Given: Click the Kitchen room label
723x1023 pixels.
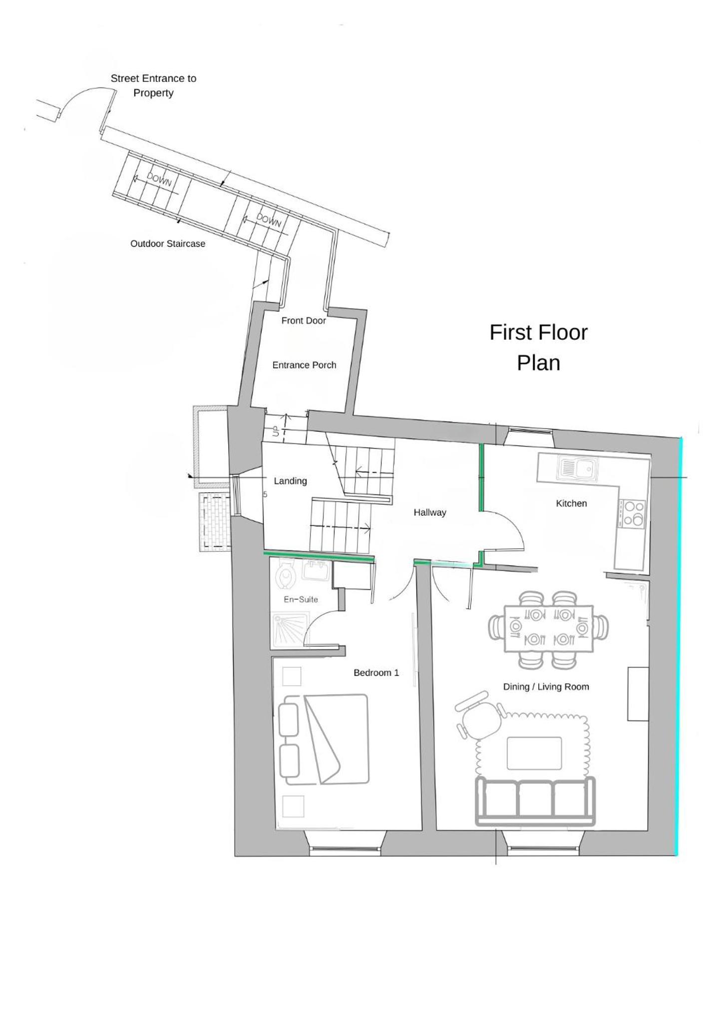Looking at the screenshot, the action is click(x=571, y=503).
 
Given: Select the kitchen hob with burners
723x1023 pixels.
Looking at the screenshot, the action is click(x=632, y=513).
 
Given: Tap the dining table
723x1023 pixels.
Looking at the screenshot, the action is click(x=549, y=629).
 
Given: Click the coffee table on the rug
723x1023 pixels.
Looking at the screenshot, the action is click(x=534, y=753).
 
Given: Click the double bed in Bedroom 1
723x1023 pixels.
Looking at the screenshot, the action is click(x=324, y=739).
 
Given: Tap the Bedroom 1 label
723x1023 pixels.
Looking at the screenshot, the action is click(x=376, y=673).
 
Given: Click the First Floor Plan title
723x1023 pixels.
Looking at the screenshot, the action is click(x=538, y=347).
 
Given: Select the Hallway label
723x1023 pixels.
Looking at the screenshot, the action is click(x=429, y=512).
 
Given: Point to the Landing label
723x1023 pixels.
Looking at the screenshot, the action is click(x=290, y=481).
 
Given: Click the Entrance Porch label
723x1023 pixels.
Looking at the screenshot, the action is click(x=304, y=365).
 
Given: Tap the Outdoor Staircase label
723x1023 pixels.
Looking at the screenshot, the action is click(x=168, y=243).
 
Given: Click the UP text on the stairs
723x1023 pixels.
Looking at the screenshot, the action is click(x=276, y=431).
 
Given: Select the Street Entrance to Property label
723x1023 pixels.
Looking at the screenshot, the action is click(x=153, y=85).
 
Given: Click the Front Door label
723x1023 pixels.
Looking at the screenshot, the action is click(x=304, y=320).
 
